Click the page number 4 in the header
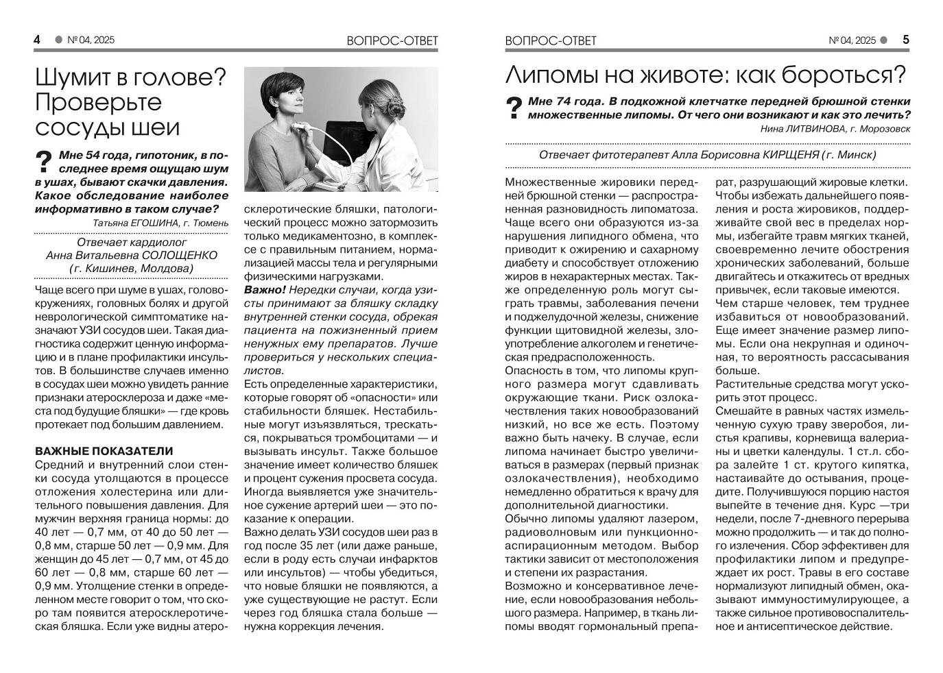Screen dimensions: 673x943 [x=37, y=40]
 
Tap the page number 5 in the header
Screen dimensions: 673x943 [x=905, y=40]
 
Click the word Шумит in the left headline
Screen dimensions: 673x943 [x=73, y=77]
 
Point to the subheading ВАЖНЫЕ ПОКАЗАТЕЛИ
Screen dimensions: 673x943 [x=104, y=451]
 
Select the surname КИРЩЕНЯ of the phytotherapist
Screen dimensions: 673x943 [x=792, y=155]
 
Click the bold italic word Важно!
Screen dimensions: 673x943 [x=265, y=290]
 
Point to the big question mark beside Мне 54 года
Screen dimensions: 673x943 [x=44, y=162]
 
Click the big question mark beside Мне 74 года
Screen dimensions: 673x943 [x=514, y=108]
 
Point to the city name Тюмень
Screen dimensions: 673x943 [x=210, y=223]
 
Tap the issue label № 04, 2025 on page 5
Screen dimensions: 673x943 [x=852, y=40]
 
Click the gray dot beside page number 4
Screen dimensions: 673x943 [x=58, y=40]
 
